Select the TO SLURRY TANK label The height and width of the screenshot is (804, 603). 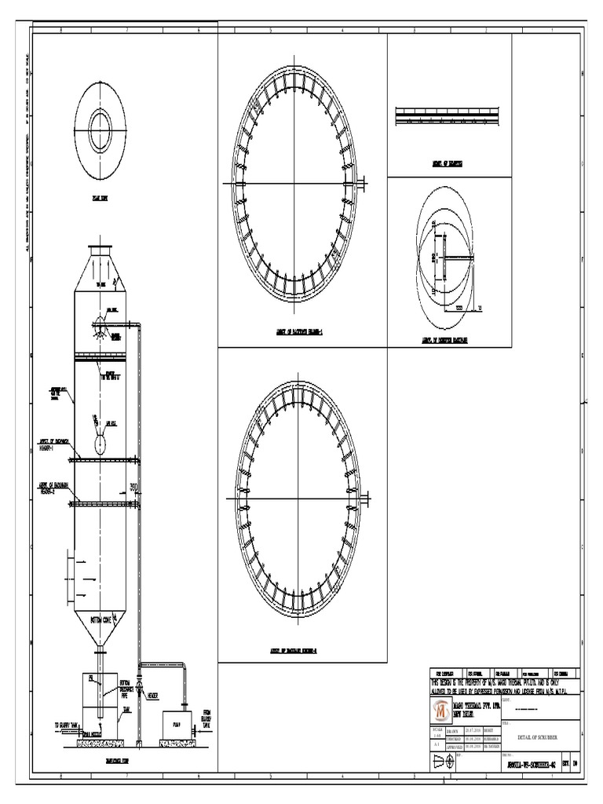click(68, 725)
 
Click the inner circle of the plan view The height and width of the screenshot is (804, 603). click(100, 126)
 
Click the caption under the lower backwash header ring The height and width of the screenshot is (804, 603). click(294, 650)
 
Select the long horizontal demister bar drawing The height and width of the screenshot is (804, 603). click(444, 115)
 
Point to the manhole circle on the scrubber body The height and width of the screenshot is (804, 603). click(100, 444)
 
